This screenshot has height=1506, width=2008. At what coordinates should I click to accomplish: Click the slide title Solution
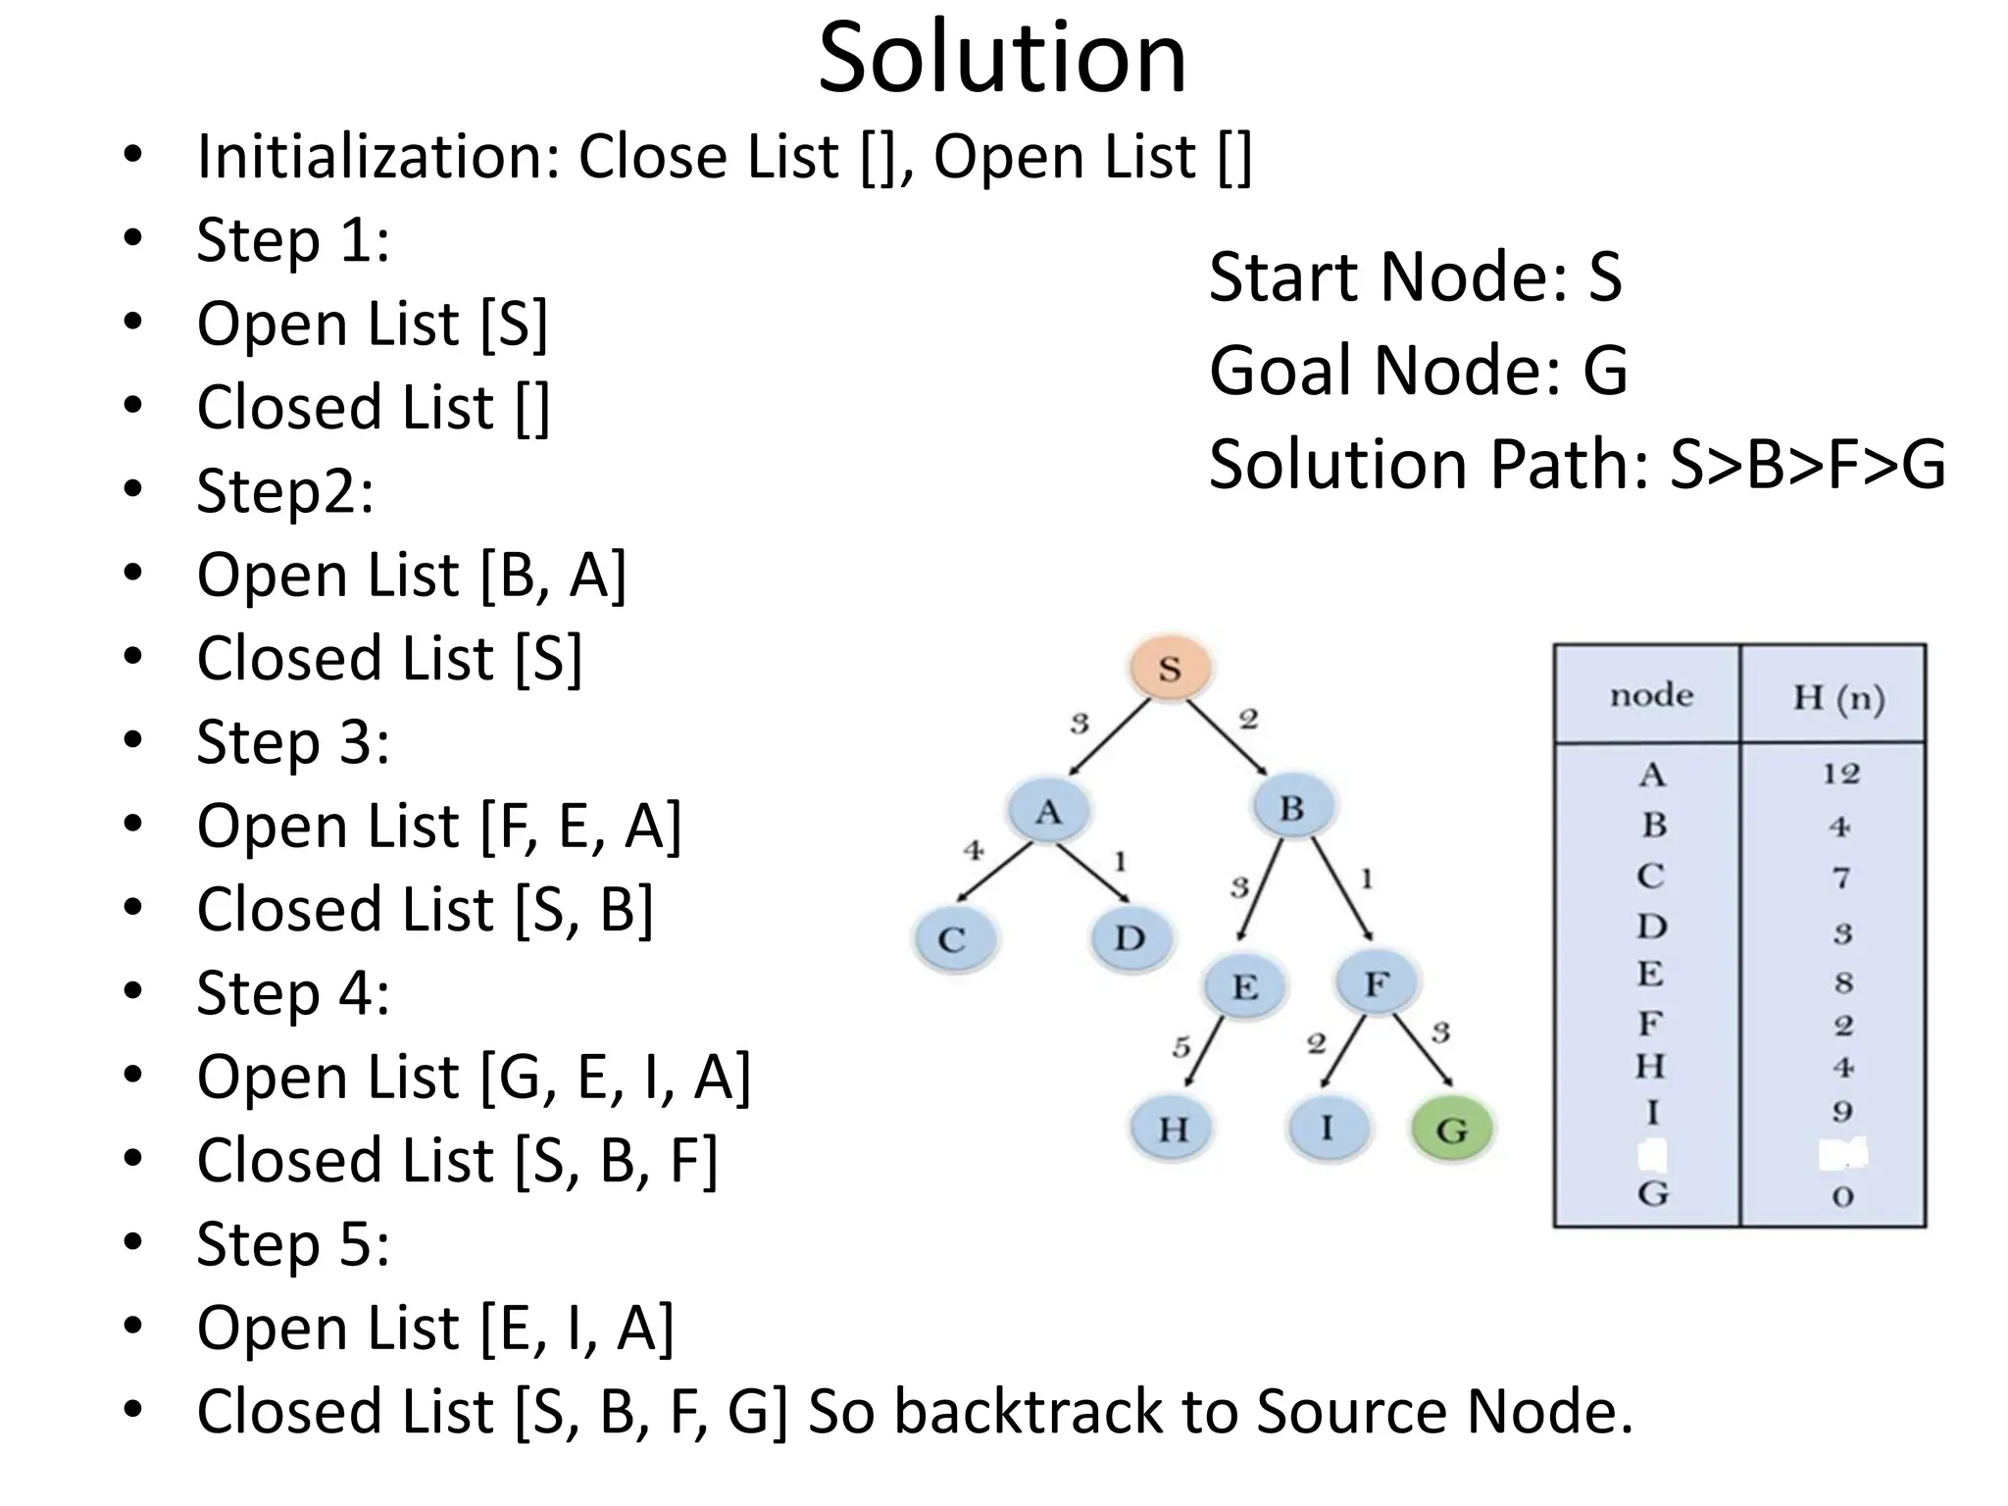point(1002,59)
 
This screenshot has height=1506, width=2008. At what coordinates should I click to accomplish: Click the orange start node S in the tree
point(1169,669)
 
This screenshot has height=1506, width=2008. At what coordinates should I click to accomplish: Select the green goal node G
point(1451,1129)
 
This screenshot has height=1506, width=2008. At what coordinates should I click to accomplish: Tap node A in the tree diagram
point(1048,812)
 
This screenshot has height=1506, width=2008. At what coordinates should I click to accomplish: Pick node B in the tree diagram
point(1291,808)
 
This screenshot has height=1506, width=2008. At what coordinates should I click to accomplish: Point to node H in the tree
point(1173,1129)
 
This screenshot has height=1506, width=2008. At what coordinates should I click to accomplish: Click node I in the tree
point(1327,1128)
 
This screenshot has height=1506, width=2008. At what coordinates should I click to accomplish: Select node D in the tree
point(1129,938)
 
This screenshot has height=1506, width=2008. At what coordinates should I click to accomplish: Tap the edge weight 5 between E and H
point(1181,1047)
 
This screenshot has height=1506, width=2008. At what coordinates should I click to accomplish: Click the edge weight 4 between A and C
point(973,850)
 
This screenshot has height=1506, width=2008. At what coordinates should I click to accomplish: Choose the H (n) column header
point(1838,698)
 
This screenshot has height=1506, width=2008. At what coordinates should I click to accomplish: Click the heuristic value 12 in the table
point(1840,774)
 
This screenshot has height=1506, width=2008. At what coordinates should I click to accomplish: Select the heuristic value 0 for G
point(1842,1196)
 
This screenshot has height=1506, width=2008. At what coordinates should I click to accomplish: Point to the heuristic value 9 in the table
point(1842,1111)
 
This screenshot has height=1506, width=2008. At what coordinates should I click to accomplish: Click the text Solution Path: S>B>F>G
point(1577,464)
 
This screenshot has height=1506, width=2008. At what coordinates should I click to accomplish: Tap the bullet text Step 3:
point(293,741)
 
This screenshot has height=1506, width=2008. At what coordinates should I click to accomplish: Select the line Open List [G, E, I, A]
point(474,1077)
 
